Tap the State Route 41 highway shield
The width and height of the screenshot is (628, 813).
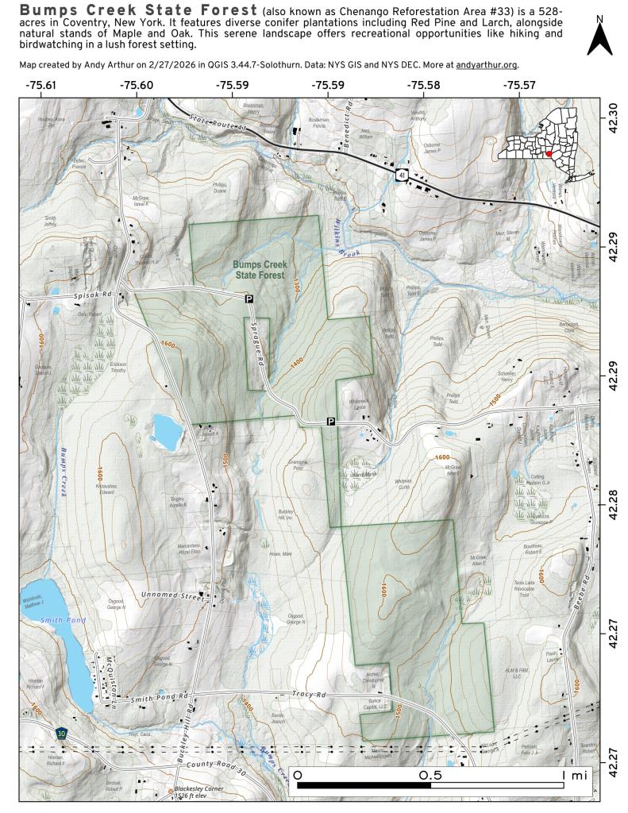coord(402,173)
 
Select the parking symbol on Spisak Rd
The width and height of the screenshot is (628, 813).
coord(249,299)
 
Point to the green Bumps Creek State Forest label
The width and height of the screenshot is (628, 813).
coord(259,269)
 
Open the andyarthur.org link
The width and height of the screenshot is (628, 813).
coord(487,64)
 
